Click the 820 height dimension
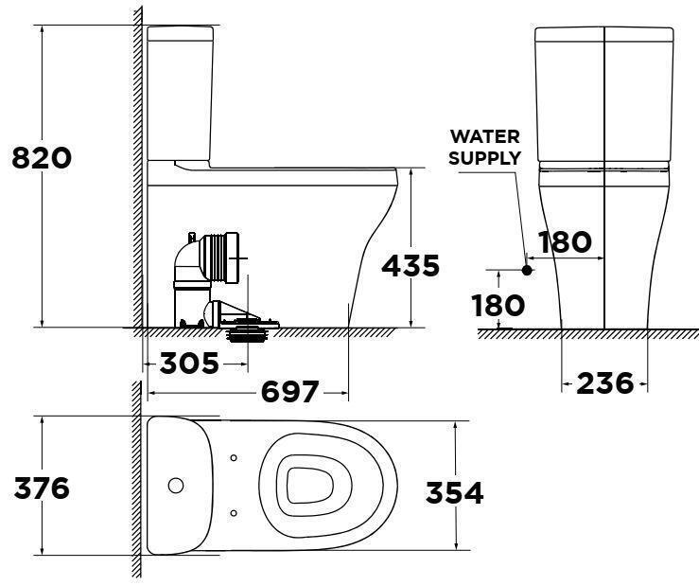[x=41, y=157]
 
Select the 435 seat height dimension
[x=411, y=266]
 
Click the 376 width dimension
[x=41, y=488]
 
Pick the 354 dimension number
[x=454, y=492]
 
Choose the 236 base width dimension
[x=604, y=382]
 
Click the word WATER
[x=484, y=136]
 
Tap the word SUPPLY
[x=484, y=157]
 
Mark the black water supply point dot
[x=528, y=270]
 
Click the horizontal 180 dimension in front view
[x=565, y=241]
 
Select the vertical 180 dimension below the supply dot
[x=498, y=305]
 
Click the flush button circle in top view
[x=175, y=486]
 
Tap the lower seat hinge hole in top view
[x=234, y=512]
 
